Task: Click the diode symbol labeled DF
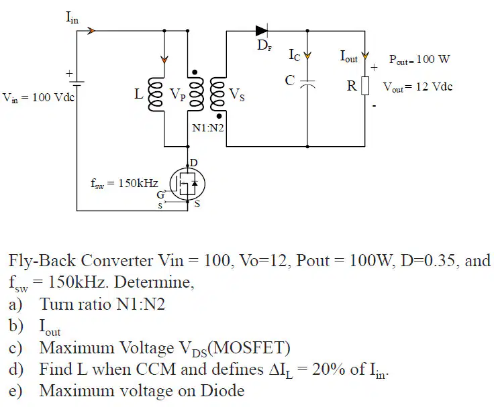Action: (262, 31)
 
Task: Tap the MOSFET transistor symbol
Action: (187, 184)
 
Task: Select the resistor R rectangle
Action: (365, 86)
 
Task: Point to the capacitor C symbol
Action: (307, 83)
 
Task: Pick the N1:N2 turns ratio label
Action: (208, 128)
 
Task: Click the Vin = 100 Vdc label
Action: (38, 97)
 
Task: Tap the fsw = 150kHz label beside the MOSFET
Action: (124, 183)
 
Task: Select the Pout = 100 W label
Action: (419, 59)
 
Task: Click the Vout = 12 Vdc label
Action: (417, 86)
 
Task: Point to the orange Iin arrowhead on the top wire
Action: (91, 31)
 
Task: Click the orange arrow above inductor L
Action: (164, 59)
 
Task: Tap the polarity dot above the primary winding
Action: (195, 72)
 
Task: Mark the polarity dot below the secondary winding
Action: (219, 117)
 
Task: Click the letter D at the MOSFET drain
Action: (194, 163)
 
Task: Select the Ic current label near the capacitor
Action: (295, 55)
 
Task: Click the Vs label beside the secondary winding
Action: (237, 94)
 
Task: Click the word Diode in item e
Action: (222, 391)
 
